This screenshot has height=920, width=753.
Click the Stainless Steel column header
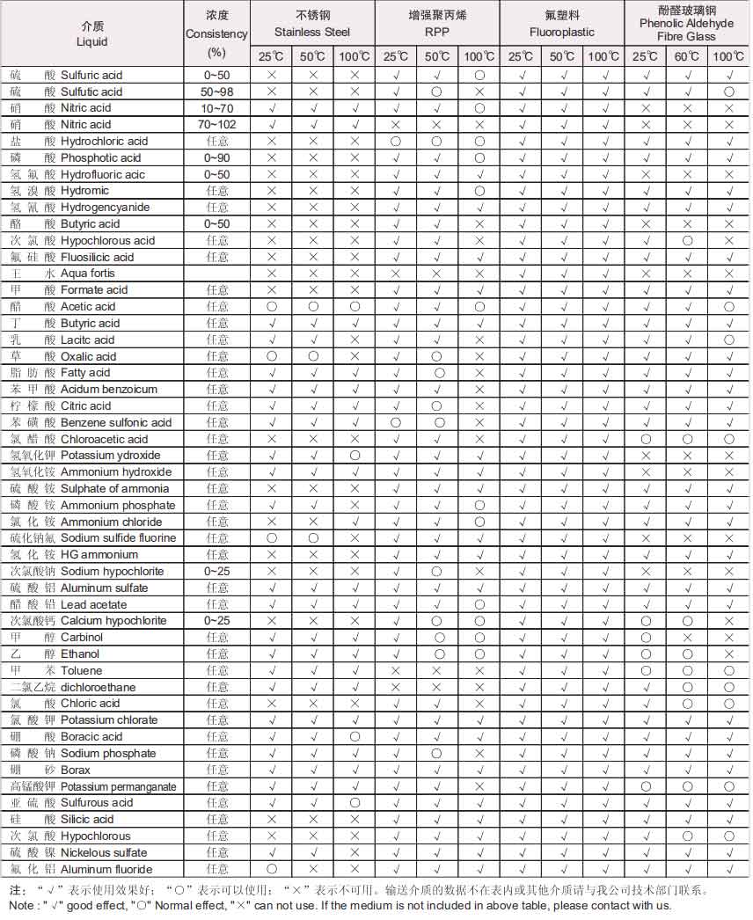click(312, 24)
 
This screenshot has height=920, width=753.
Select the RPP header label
click(437, 32)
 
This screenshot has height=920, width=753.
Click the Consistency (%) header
click(217, 34)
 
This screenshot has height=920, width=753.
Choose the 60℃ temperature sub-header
click(687, 56)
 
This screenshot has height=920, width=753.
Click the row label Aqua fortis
click(87, 274)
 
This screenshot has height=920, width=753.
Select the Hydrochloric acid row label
click(104, 142)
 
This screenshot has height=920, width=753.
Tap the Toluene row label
click(82, 671)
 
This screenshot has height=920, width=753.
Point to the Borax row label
click(76, 770)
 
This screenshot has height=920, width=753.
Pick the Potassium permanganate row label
click(119, 787)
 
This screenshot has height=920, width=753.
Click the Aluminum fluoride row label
click(106, 870)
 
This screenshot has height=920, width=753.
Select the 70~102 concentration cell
click(217, 125)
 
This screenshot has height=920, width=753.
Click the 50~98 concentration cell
click(217, 91)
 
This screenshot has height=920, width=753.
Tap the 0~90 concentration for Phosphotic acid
click(217, 158)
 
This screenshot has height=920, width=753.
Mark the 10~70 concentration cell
click(217, 108)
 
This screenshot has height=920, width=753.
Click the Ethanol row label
click(80, 654)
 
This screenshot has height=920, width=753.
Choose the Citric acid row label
click(86, 406)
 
